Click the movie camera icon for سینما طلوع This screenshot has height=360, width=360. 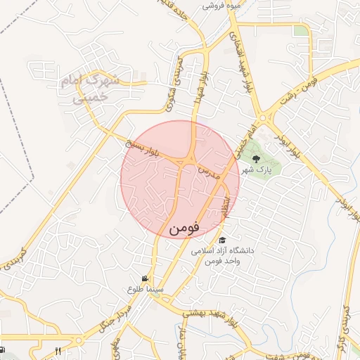pyautogui.click(x=145, y=278)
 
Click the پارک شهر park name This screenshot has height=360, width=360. pyautogui.click(x=256, y=170)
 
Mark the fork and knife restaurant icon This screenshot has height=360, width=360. pyautogui.click(x=58, y=351)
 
